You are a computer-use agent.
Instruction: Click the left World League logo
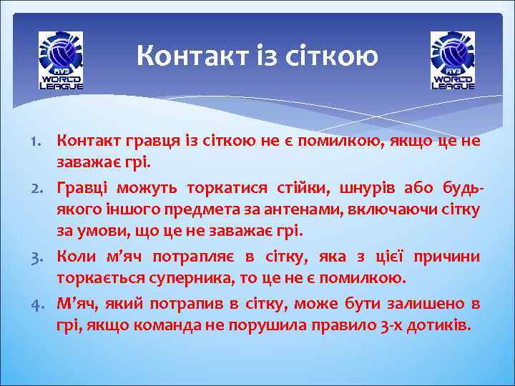pyautogui.click(x=61, y=61)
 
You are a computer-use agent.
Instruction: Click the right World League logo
pyautogui.click(x=453, y=61)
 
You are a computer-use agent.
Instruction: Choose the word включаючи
pyautogui.click(x=376, y=212)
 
